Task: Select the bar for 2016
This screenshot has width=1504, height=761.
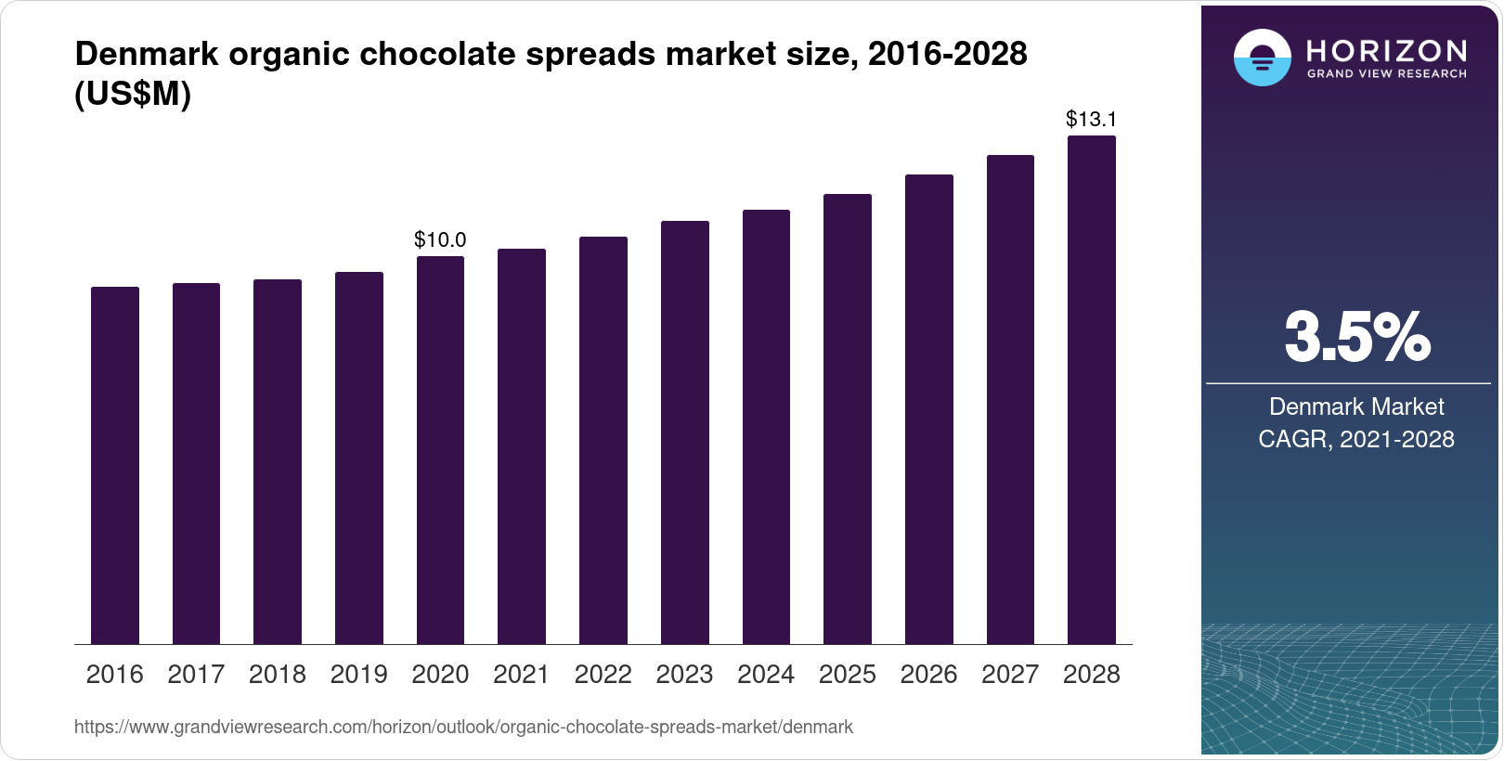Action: (x=115, y=465)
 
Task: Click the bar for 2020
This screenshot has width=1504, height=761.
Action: (x=440, y=450)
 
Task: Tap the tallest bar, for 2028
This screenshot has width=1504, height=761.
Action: (x=1092, y=390)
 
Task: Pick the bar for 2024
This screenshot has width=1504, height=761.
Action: (x=766, y=427)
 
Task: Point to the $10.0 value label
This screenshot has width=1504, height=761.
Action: (x=440, y=239)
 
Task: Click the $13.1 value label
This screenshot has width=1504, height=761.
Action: (x=1091, y=119)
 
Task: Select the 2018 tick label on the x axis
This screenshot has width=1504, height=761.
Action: (x=277, y=675)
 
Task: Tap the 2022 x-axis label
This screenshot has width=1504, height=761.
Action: (x=603, y=675)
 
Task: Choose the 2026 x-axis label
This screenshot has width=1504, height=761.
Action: (x=928, y=675)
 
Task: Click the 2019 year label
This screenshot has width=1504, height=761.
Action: (x=358, y=675)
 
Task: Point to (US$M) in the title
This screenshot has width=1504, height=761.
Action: (x=132, y=94)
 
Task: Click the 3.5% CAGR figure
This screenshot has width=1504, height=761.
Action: (x=1356, y=338)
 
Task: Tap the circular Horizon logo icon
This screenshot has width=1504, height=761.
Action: (x=1262, y=58)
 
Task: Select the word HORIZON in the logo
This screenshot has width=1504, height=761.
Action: (x=1386, y=50)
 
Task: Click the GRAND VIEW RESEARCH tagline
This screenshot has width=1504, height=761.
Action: (x=1386, y=73)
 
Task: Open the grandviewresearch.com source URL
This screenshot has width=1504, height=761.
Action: (x=463, y=727)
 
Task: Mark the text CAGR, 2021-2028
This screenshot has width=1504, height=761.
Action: (x=1355, y=439)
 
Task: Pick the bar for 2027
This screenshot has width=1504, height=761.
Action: (x=1010, y=399)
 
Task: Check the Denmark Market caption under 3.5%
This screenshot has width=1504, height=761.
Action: (x=1355, y=406)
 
